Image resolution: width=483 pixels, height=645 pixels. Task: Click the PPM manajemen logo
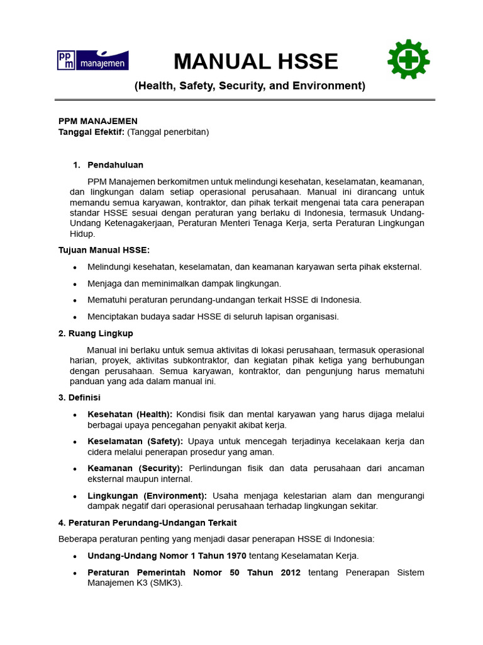tap(92, 60)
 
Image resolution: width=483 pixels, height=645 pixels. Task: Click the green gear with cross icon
tap(408, 60)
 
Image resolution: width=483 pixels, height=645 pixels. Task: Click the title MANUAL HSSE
tap(256, 62)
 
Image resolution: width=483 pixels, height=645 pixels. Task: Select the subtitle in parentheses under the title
tap(250, 86)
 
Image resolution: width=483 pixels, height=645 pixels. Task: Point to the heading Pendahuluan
tap(115, 165)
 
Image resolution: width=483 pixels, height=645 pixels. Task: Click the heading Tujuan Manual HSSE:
tap(104, 250)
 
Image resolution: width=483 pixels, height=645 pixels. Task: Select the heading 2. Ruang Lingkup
tap(96, 333)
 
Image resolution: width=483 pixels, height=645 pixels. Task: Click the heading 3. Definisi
tap(79, 397)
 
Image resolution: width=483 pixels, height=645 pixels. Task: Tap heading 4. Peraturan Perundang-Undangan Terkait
tap(147, 523)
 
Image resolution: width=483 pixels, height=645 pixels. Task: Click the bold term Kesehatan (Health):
tap(130, 414)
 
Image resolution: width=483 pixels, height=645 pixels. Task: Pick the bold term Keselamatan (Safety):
tap(135, 441)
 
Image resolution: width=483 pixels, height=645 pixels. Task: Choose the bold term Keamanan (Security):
tap(135, 468)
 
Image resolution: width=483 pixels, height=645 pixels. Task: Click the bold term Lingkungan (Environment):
tap(147, 496)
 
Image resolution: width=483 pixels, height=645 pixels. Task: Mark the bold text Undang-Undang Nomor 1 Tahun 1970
tap(167, 556)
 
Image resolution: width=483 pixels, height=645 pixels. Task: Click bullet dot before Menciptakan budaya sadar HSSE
tap(75, 317)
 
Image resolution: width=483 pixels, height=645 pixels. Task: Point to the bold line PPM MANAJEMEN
tap(97, 121)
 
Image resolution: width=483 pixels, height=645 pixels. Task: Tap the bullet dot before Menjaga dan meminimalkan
tap(75, 283)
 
